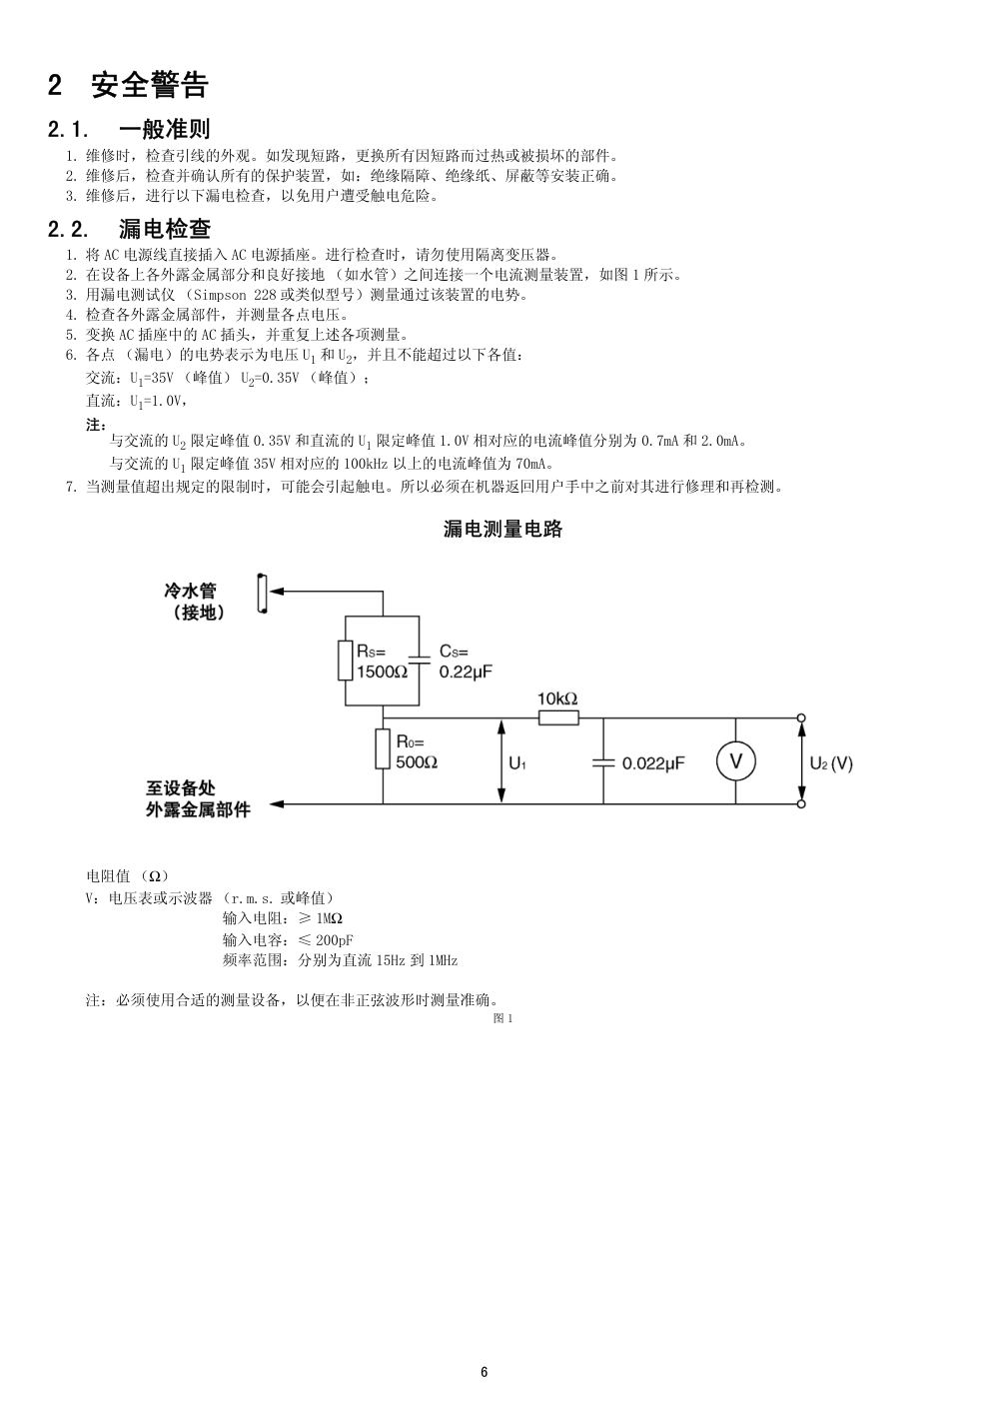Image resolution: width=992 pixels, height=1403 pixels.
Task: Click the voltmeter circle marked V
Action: pos(736,761)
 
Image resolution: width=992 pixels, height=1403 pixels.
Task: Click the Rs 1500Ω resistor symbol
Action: pos(345,661)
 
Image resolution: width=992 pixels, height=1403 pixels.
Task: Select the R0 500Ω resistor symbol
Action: pos(383,749)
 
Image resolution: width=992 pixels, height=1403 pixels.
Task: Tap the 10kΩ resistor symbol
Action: pos(558,718)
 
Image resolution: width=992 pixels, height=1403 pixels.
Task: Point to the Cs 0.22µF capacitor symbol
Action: pos(419,660)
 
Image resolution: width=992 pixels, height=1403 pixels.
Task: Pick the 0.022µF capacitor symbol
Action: pos(603,762)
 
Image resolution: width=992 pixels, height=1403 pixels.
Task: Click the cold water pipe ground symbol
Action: pos(263,593)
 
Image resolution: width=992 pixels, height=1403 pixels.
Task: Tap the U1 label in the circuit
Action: pos(517,763)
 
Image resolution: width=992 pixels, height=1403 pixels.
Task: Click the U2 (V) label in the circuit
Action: pos(831,763)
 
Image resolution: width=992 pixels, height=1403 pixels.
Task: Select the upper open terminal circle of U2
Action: pos(801,718)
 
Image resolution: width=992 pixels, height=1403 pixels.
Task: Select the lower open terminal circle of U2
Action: pos(801,804)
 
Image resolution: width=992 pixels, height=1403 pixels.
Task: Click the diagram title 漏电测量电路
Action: pos(502,530)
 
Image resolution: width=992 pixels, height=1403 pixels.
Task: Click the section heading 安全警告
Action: pos(150,85)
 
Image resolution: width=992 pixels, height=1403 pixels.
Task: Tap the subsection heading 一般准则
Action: pos(164,129)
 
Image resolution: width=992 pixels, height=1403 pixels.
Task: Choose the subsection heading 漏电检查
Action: pos(165,229)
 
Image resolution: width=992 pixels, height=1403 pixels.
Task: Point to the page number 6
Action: pos(485,1372)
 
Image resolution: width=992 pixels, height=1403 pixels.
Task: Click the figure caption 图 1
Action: pos(502,1018)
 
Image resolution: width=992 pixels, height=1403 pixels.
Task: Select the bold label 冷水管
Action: pos(190,591)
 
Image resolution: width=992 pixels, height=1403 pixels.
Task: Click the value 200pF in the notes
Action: pos(335,940)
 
